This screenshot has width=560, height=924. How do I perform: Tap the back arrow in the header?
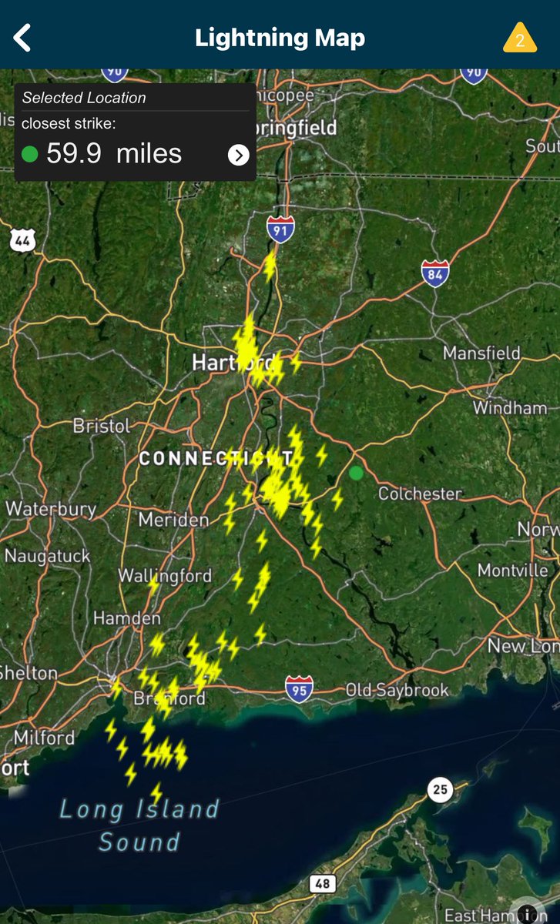point(22,37)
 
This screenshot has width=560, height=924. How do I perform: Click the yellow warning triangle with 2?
point(520,38)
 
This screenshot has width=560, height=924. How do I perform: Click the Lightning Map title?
point(280,38)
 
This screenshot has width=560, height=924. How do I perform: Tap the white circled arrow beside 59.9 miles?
point(239,155)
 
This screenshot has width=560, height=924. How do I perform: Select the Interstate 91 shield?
point(280,229)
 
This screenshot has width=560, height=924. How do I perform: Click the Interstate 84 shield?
point(435,273)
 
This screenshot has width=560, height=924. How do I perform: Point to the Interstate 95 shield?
point(299,688)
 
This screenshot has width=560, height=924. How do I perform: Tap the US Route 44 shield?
point(22,239)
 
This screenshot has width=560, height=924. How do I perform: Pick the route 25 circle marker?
point(439,790)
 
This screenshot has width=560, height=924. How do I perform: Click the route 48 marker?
point(322,882)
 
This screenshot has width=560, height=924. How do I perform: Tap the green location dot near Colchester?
point(356,473)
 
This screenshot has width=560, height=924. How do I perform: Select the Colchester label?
point(420,494)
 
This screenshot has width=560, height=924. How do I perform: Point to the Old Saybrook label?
point(397,690)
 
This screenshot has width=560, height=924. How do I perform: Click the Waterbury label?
point(51,509)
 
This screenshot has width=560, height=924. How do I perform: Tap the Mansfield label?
point(481,353)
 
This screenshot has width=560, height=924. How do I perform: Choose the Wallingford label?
point(165,576)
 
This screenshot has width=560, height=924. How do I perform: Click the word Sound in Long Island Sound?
point(139,841)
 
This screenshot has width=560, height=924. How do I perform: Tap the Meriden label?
point(173,521)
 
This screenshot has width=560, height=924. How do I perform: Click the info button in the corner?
point(528,913)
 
